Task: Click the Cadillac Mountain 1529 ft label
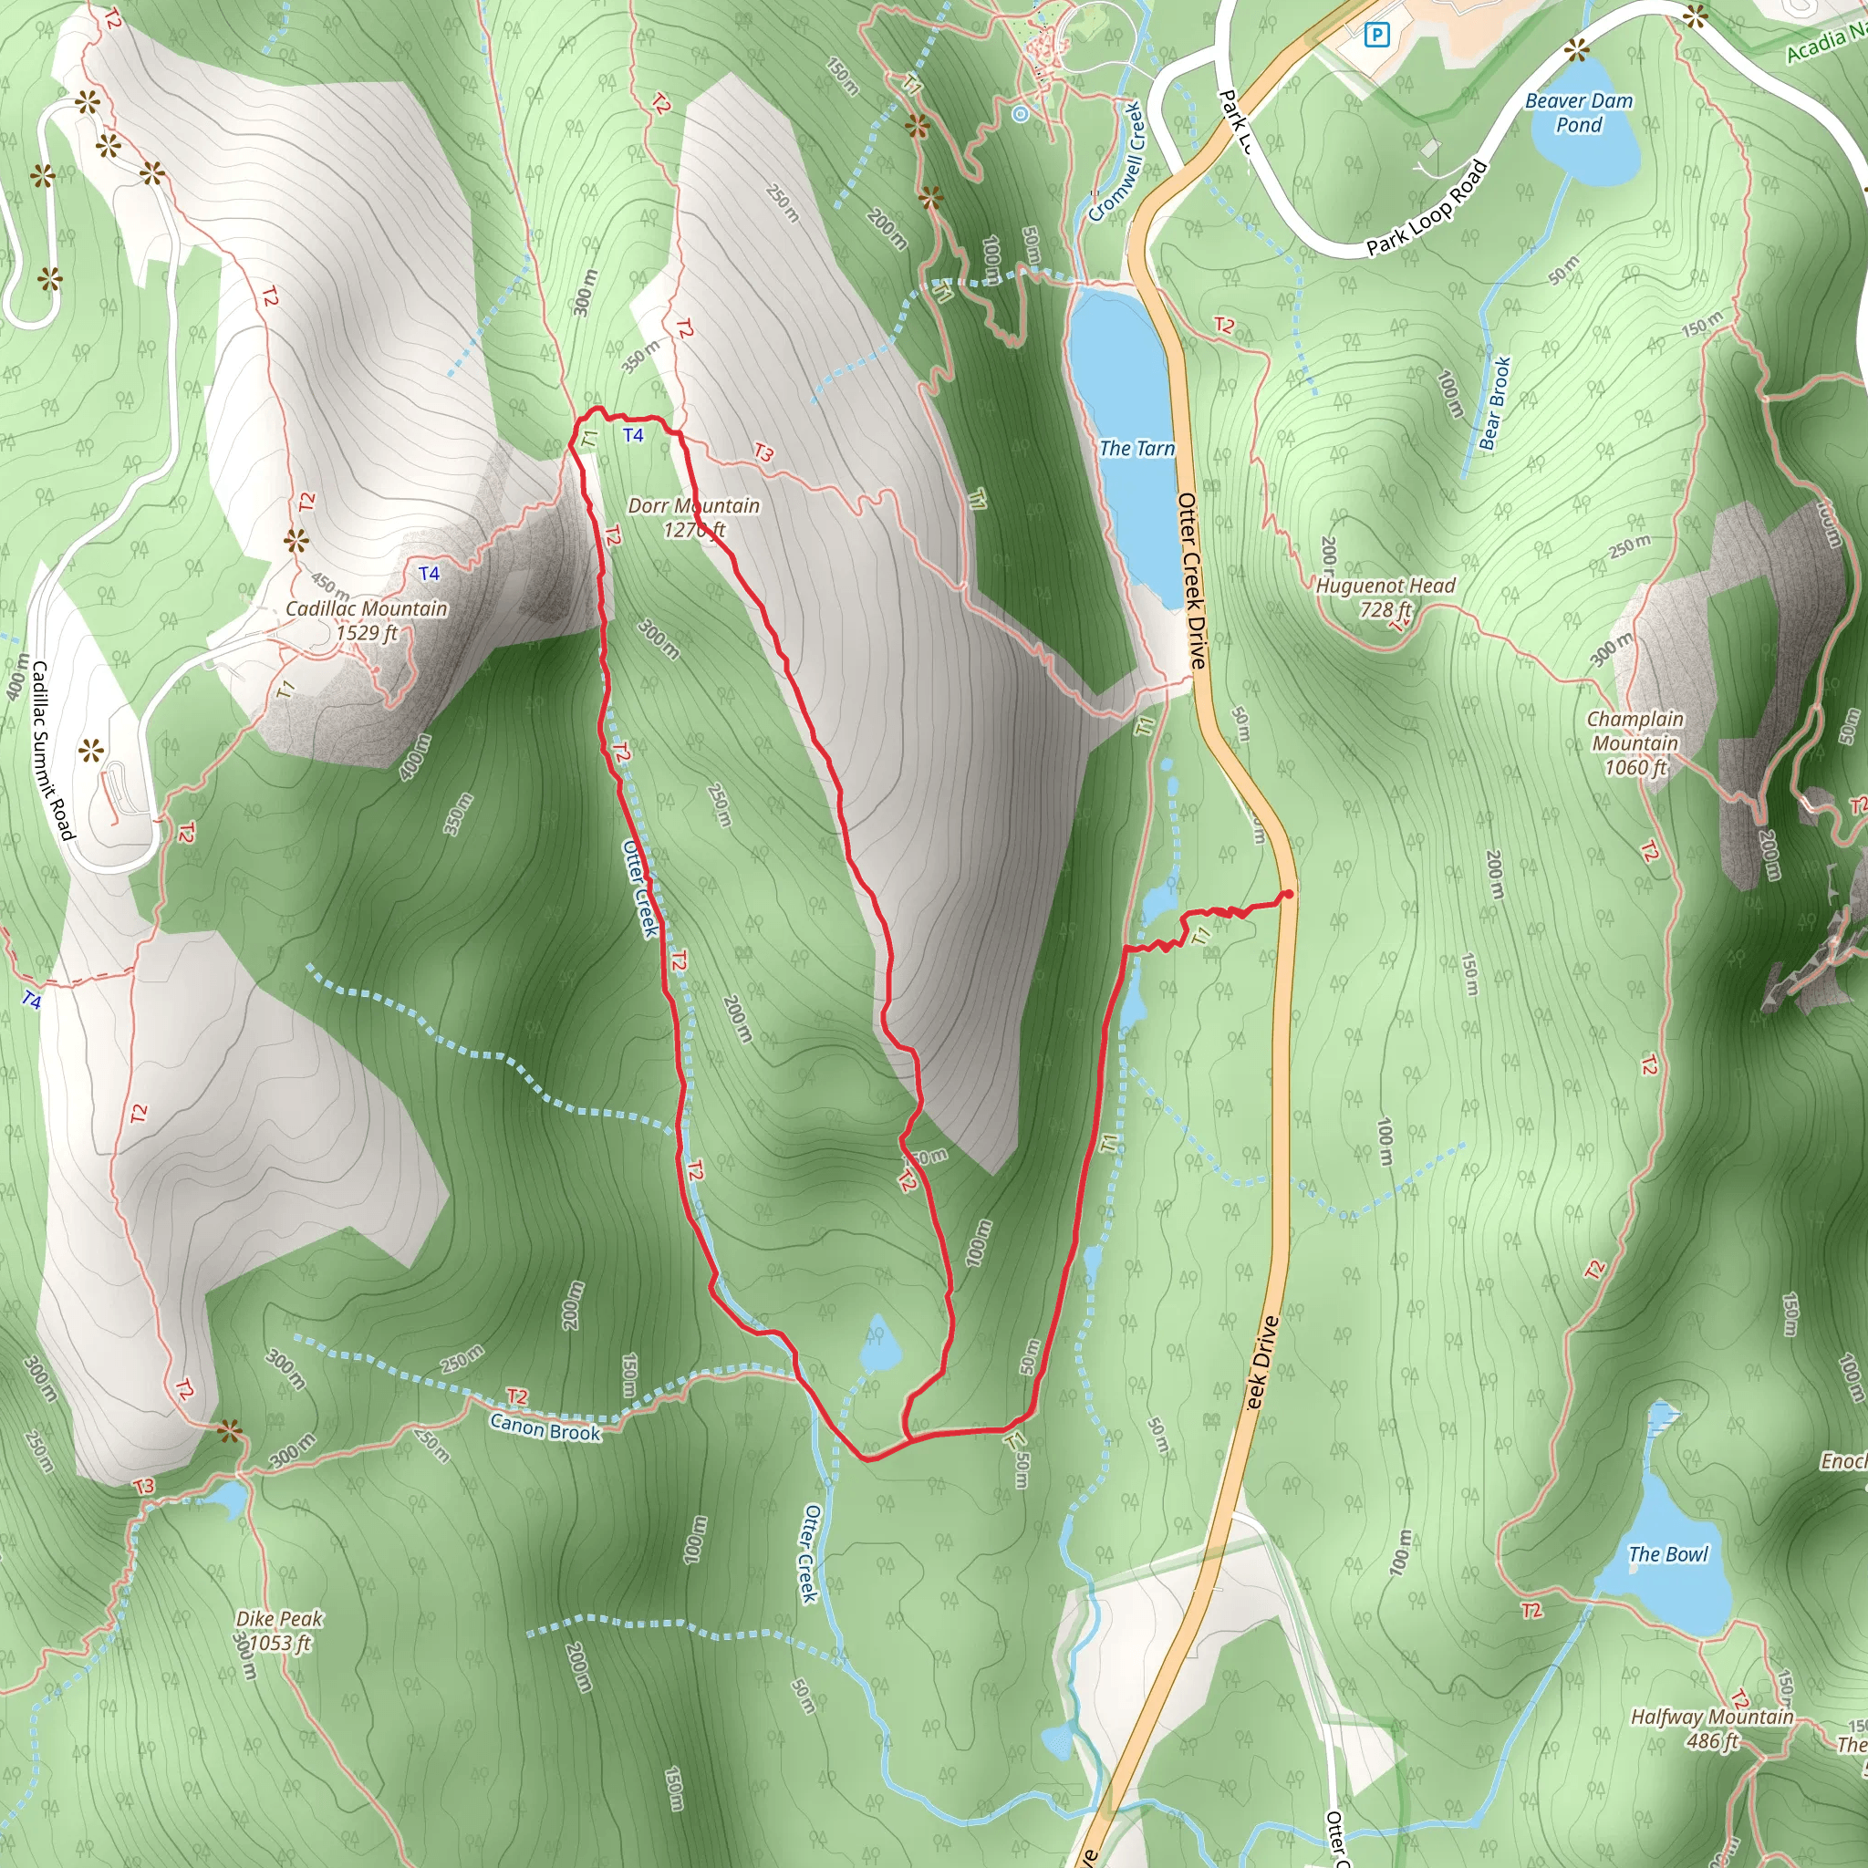coord(367,619)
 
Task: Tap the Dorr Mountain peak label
coord(693,517)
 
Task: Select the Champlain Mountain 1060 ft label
coord(1635,742)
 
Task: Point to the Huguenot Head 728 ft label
coord(1385,597)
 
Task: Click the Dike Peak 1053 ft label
coord(278,1630)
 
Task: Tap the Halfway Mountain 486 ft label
coord(1711,1728)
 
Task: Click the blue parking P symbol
coord(1375,36)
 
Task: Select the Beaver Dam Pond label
coord(1578,112)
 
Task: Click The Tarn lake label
coord(1137,448)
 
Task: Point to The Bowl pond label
coord(1668,1553)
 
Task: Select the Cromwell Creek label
coord(1116,162)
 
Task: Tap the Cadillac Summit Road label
coord(52,751)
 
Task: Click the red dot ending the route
coord(1288,895)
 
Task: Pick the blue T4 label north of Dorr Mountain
coord(633,435)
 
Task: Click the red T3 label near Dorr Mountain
coord(763,451)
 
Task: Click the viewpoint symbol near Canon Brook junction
coord(229,1431)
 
